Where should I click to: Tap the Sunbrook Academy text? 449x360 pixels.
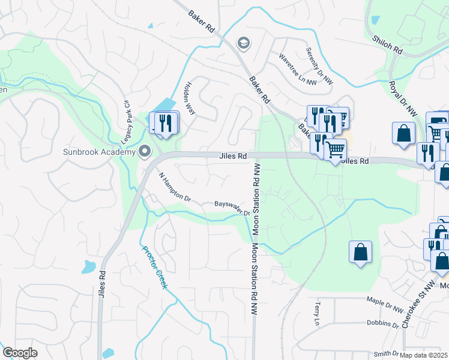click(x=100, y=152)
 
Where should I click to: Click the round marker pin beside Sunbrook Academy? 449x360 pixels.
click(x=144, y=151)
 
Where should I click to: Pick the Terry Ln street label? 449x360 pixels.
click(x=316, y=314)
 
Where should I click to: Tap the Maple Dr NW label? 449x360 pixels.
click(x=385, y=305)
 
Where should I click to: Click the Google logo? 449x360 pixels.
click(x=20, y=352)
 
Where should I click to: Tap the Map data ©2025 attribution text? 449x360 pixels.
click(x=424, y=355)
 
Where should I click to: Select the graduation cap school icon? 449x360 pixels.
click(x=243, y=43)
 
